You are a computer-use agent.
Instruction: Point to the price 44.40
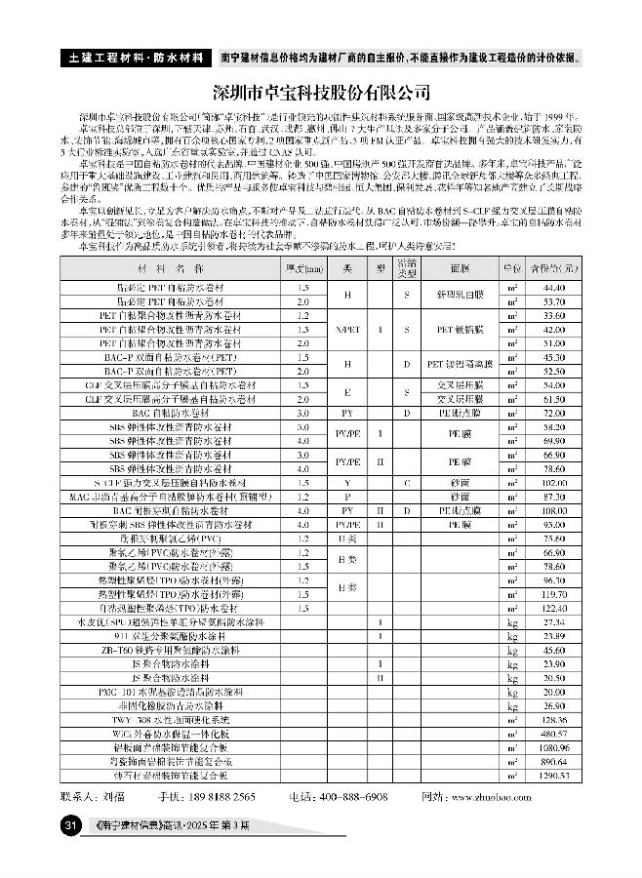tap(554, 290)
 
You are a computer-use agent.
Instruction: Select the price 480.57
tap(553, 731)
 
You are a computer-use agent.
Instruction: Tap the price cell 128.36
tap(553, 717)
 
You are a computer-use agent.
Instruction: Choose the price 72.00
tap(554, 414)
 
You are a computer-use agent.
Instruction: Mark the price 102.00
tap(553, 483)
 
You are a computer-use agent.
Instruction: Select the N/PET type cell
tap(346, 330)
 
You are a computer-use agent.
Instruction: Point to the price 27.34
tap(554, 620)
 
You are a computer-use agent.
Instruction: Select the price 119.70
tap(553, 593)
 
